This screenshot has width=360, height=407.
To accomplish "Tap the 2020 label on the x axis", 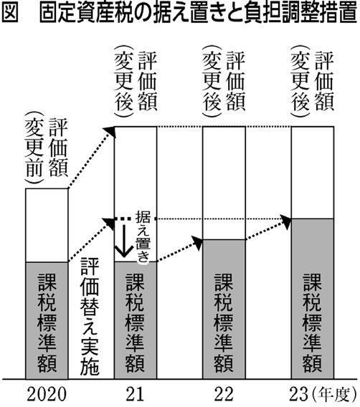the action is coord(47,394).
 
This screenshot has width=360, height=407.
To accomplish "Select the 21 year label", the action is coord(135,394).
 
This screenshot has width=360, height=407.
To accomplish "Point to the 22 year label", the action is coord(224,394).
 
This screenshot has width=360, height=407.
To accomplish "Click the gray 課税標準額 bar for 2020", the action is coord(47,320).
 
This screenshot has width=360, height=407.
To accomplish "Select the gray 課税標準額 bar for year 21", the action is coord(136,320).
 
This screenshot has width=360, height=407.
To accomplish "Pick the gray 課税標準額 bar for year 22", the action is coord(224,309).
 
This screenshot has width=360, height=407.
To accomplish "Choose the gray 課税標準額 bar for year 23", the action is coord(313,299).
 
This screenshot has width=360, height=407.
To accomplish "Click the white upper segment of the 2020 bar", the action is coord(47,225).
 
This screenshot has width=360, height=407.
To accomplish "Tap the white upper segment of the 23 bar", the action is coord(313,173).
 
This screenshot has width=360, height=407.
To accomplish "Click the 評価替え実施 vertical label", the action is coord(90,317).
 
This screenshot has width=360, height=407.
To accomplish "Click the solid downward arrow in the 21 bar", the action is coord(124,241).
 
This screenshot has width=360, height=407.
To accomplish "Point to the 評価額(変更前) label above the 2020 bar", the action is coord(46,148).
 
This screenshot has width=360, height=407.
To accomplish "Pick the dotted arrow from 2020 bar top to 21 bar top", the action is coord(91,158).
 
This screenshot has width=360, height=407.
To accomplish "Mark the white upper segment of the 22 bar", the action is coord(224,183).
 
